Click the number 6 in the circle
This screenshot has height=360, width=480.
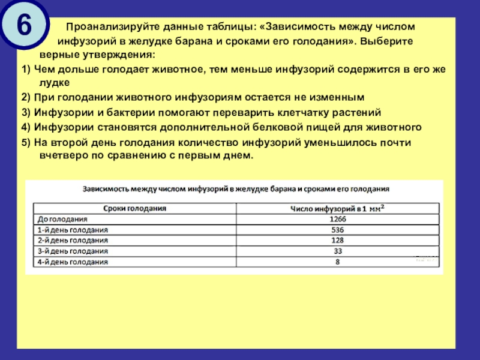24,25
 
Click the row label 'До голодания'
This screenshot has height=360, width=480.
63,219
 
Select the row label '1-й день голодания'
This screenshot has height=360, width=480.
73,230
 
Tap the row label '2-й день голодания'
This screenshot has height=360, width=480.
73,241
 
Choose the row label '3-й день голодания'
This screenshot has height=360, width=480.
73,251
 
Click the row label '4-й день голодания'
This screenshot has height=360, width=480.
73,262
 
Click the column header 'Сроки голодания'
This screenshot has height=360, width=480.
135,208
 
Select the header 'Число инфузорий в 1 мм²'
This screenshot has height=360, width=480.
338,208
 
